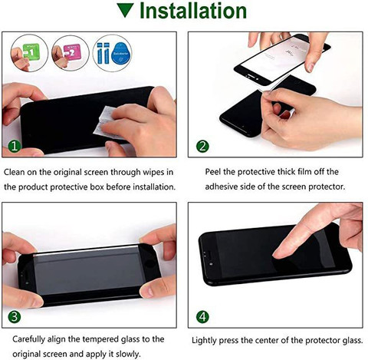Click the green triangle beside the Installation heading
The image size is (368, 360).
125,11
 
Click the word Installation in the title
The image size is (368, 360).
193,11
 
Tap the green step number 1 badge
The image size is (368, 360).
15,146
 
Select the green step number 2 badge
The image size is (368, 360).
202,147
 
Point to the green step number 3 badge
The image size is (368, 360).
15,316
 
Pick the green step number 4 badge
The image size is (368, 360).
202,317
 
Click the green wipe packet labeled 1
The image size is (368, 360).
31,52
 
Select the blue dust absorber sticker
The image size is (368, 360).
121,53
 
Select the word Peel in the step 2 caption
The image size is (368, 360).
213,172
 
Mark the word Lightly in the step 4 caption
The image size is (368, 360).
204,341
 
